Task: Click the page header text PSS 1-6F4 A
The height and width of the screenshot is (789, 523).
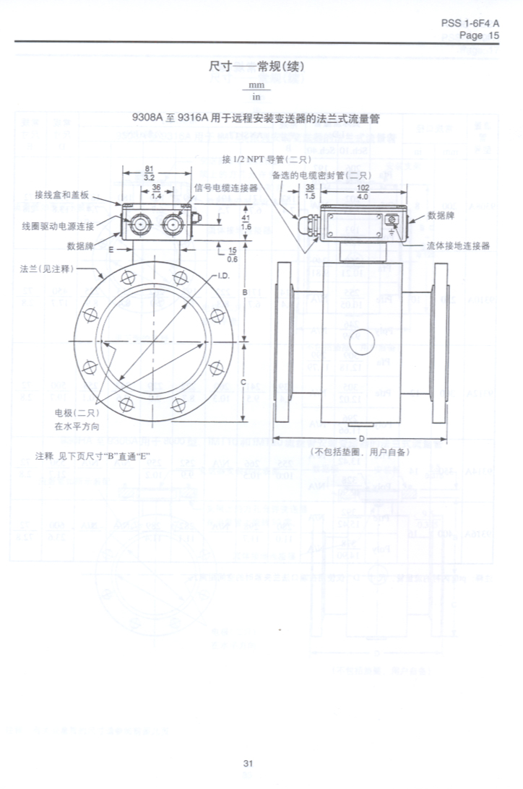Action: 470,23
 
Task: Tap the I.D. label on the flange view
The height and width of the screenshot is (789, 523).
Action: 224,276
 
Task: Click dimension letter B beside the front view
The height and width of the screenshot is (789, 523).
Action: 245,292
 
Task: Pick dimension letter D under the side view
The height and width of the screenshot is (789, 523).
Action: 361,437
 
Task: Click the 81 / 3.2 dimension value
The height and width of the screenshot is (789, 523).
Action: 150,172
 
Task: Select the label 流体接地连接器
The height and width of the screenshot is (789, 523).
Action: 458,245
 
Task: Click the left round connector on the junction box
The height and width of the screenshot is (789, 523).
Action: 139,225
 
